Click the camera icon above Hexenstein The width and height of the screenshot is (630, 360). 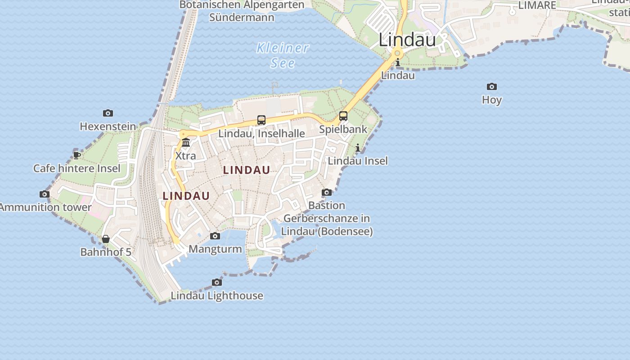point(108,113)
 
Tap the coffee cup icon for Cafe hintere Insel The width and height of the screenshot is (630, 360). point(77,155)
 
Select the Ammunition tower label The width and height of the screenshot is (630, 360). point(45,207)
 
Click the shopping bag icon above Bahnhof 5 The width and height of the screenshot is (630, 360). point(106,239)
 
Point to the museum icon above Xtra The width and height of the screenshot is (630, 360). point(186,143)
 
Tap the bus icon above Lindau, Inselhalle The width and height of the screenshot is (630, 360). point(261,120)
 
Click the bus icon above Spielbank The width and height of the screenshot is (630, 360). point(343,116)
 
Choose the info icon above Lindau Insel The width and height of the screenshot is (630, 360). point(358,148)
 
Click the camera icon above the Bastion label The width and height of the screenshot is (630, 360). point(327,193)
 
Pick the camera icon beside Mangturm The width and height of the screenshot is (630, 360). point(215,236)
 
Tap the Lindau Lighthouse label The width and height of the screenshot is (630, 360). point(217,296)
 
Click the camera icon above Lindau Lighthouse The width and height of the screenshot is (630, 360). point(217,283)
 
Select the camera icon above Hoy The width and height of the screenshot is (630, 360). point(492,86)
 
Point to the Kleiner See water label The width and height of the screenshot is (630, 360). point(283,55)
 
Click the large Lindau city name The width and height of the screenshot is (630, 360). point(407,40)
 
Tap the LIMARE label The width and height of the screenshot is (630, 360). point(537,5)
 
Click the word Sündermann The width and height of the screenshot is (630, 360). point(242,18)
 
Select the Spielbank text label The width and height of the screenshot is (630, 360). point(343,129)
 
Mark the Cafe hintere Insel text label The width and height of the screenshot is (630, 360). point(77,168)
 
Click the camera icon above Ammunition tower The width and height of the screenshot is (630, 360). point(45,194)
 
